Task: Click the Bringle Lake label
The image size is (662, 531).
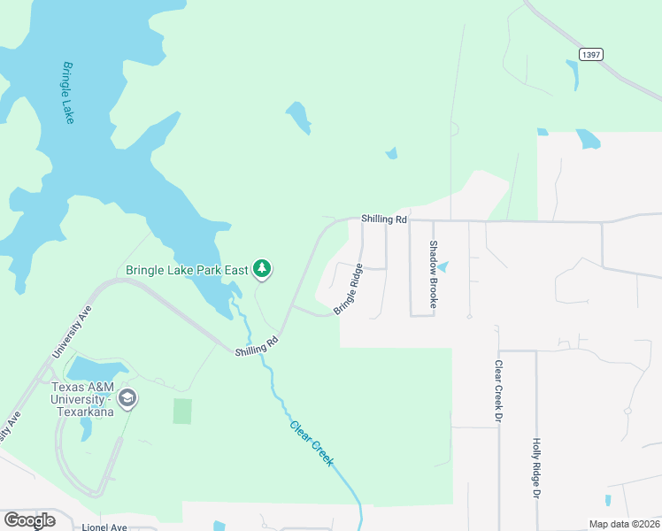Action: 68,92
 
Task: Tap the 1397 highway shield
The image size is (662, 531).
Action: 591,55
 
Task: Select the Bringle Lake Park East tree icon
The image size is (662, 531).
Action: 261,268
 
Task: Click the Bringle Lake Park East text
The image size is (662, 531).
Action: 187,270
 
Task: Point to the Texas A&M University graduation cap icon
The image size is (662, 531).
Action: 127,398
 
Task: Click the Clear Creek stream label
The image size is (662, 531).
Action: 312,442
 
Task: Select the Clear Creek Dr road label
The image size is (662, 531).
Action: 499,390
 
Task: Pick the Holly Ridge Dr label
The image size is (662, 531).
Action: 535,469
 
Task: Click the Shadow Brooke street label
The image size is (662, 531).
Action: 434,273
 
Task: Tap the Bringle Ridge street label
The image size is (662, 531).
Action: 349,289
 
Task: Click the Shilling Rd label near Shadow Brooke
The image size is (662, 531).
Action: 384,219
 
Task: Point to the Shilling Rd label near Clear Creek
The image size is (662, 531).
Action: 258,346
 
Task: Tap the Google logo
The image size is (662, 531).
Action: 29,520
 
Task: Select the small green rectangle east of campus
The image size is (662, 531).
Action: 182,412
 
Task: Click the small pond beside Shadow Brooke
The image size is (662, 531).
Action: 443,265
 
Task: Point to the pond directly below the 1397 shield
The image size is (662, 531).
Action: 573,75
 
